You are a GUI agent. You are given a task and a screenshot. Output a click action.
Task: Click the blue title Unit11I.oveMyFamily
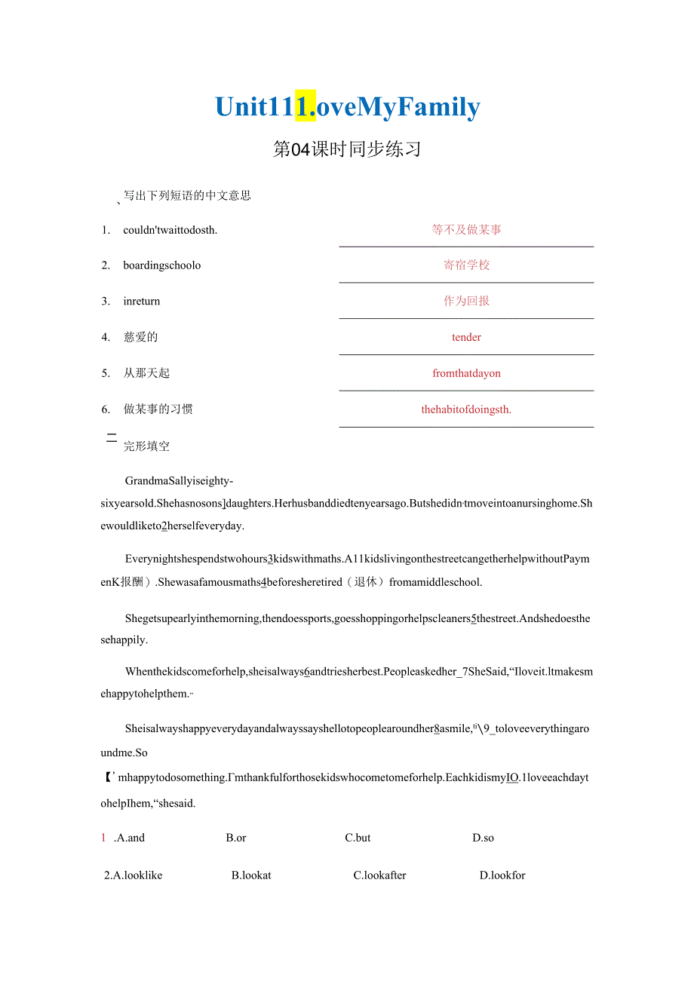coord(347,108)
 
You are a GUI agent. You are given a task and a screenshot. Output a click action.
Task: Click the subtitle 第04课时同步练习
coord(347,149)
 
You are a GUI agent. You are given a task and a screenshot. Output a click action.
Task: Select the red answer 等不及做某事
coord(466,230)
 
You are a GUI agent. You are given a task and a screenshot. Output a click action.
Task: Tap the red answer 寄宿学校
coord(466,265)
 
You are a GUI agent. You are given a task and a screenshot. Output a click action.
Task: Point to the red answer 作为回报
coord(466,301)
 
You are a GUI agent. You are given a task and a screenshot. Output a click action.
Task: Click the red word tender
coord(466,337)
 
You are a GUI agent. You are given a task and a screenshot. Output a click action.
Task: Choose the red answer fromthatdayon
coord(466,373)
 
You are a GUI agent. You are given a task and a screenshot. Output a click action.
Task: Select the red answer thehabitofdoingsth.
coord(466,409)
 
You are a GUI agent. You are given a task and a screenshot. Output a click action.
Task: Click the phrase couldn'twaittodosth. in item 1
coord(170,230)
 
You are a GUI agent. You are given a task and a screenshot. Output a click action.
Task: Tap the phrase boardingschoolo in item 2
coord(162,265)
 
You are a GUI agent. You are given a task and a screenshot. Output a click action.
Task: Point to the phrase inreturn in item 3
coord(142,301)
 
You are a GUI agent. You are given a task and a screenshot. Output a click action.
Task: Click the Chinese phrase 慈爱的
coord(141,337)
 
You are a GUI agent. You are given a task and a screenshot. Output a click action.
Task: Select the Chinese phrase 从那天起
coord(146,373)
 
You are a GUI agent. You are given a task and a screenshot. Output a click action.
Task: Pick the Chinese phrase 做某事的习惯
coord(158,409)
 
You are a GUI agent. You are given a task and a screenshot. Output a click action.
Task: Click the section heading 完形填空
coord(146,446)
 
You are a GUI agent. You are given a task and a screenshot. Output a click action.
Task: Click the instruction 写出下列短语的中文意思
coord(187,196)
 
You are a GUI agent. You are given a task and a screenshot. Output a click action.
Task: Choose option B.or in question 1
coord(236,838)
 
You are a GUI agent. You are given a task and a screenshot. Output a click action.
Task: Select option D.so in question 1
coord(483,838)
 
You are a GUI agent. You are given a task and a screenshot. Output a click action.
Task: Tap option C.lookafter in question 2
coord(379,875)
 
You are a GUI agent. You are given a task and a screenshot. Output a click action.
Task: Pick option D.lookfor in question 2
coord(502,875)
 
